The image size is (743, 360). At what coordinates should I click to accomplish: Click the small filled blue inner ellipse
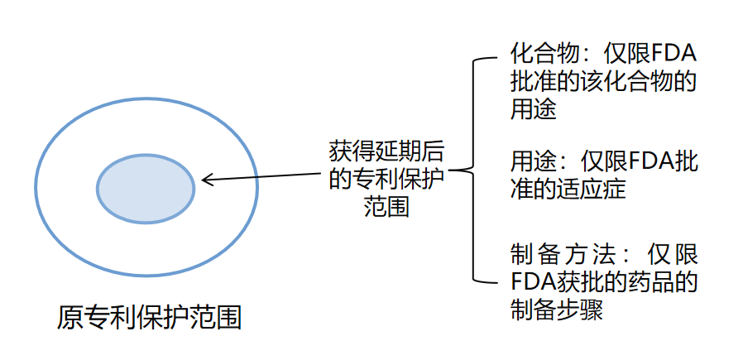[146, 188]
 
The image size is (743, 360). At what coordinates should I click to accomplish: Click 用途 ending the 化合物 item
[533, 109]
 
